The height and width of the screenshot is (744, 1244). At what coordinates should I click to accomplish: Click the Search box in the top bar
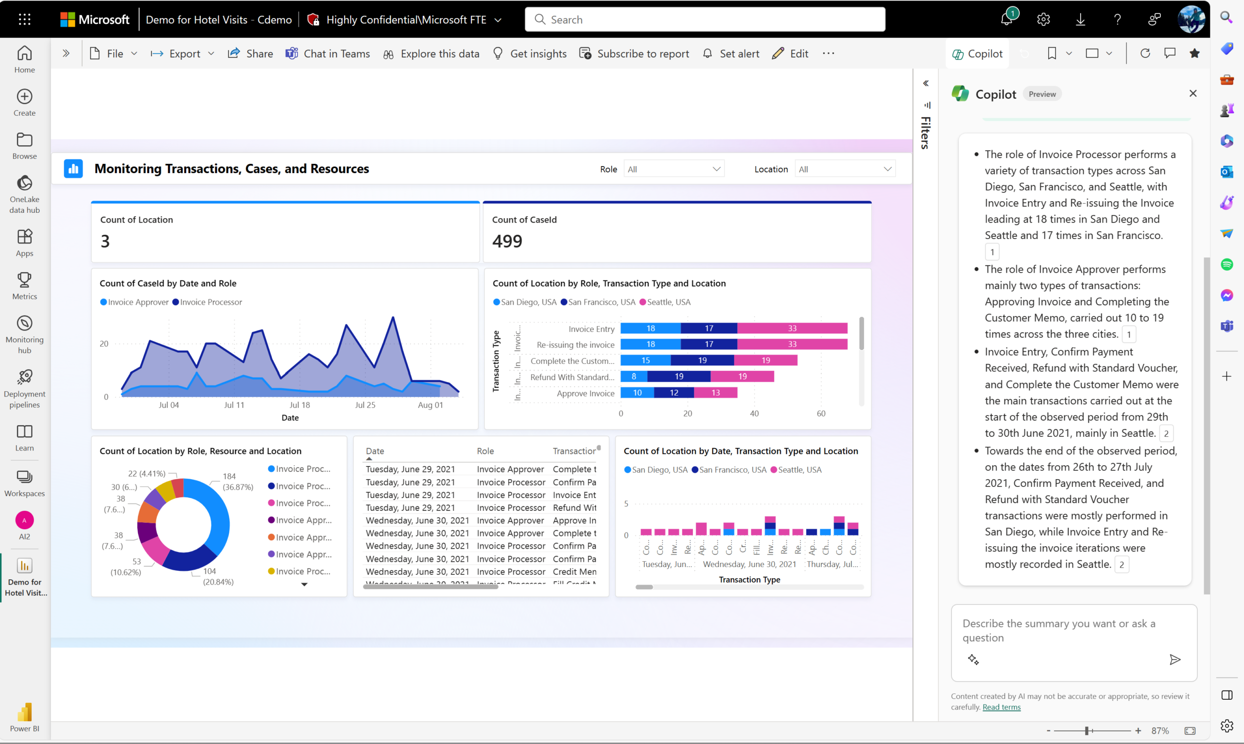tap(704, 19)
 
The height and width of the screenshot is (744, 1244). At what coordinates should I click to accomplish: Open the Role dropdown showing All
tap(674, 169)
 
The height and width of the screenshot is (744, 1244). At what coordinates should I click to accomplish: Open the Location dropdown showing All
tap(845, 169)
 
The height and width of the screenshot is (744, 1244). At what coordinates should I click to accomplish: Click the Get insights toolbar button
tap(530, 53)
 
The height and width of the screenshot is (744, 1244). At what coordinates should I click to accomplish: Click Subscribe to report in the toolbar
tap(634, 53)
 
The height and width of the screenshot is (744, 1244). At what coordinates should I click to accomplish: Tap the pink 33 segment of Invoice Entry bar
tap(792, 329)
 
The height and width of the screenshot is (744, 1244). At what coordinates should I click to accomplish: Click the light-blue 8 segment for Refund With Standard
tap(634, 377)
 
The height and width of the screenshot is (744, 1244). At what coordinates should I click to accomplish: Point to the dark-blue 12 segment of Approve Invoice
tap(674, 393)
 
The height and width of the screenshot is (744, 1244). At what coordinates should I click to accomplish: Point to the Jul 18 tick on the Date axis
tap(300, 405)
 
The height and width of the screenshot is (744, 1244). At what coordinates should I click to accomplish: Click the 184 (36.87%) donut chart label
tap(237, 481)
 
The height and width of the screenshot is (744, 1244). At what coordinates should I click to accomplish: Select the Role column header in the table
tap(485, 450)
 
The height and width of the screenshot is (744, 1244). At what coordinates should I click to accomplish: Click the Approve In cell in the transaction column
tap(574, 520)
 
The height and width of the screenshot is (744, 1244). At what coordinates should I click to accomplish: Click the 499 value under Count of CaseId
tap(507, 241)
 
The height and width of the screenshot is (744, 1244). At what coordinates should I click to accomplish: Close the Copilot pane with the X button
tap(1193, 93)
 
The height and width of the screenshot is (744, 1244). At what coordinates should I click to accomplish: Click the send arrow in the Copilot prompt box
tap(1175, 659)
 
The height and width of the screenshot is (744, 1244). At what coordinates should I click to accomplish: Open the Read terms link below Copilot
tap(1001, 707)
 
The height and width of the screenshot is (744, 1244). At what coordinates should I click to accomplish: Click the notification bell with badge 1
tap(1006, 19)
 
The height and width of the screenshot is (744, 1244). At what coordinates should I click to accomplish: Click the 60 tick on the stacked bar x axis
tap(821, 414)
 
